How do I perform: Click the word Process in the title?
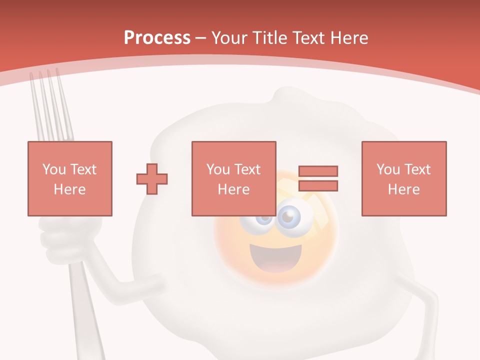click(x=157, y=38)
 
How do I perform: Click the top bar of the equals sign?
click(x=318, y=171)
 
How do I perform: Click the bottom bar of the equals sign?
click(x=318, y=186)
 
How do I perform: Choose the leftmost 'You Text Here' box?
click(x=70, y=178)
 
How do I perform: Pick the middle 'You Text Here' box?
click(x=234, y=178)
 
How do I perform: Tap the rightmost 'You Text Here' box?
click(x=404, y=178)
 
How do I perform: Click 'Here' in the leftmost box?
click(x=70, y=189)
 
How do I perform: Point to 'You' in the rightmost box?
click(x=387, y=169)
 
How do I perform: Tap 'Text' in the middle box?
click(x=247, y=169)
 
